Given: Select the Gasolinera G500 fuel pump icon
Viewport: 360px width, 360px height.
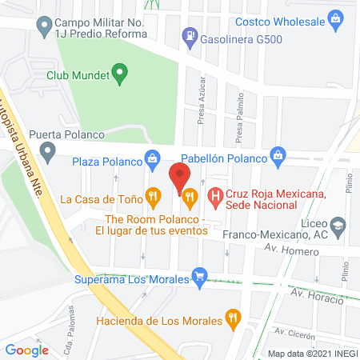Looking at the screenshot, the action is pos(190,34).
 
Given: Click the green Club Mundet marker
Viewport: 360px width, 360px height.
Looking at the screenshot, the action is pos(121,76).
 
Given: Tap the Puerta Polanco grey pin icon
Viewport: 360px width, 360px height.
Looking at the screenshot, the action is pos(48,150).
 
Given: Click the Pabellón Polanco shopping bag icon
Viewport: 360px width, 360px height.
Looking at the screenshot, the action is pos(278,154).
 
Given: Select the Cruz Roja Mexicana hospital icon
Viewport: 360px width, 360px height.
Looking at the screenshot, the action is pos(214,194).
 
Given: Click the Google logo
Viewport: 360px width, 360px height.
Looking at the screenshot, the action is pos(27,350).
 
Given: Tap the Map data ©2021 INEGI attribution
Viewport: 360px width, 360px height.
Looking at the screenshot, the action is pos(311,353).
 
